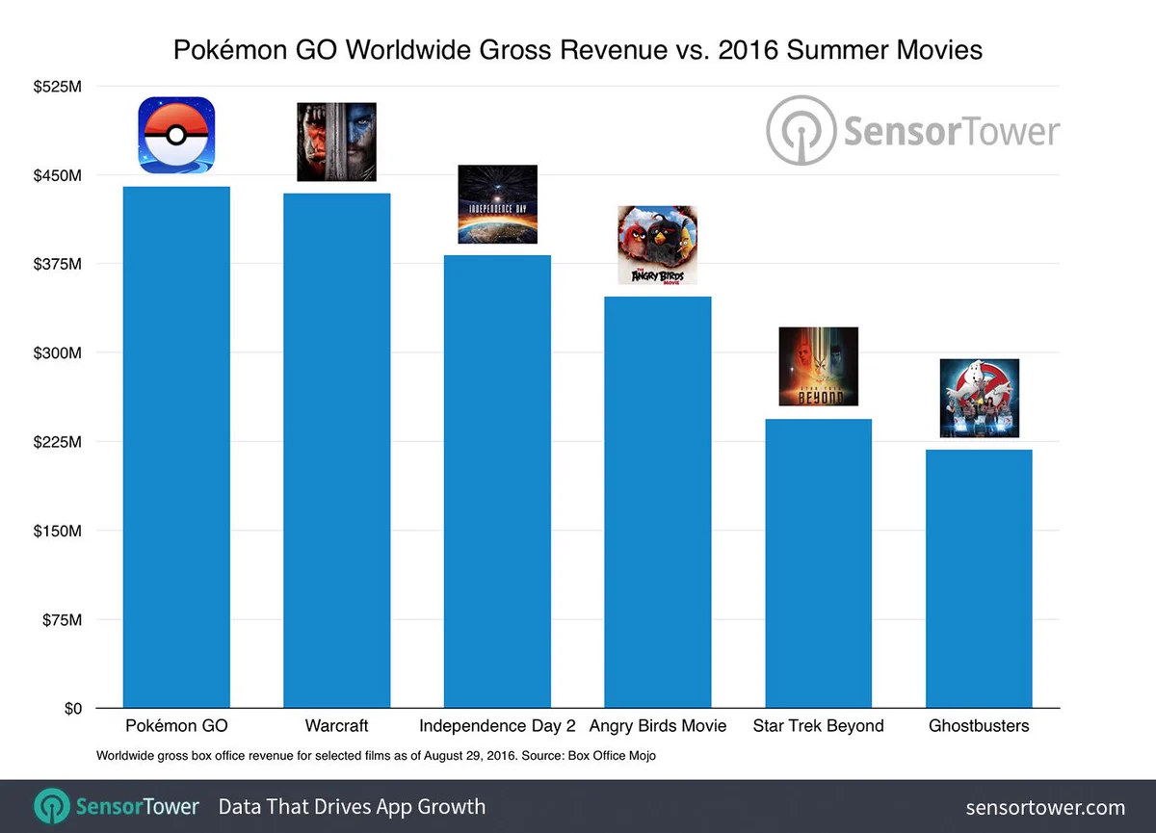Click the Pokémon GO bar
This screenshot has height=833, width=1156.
(176, 448)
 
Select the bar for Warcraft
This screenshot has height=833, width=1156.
(336, 451)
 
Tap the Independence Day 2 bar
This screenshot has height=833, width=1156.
(497, 482)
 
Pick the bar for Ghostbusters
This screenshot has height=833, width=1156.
(979, 579)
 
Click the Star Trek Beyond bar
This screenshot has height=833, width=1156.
(818, 563)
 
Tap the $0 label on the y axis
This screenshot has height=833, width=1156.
(72, 709)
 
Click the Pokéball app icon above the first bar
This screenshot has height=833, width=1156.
(176, 135)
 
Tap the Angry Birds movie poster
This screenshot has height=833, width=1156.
(657, 246)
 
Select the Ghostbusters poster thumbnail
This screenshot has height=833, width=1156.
(979, 398)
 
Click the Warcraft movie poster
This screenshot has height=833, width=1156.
(336, 142)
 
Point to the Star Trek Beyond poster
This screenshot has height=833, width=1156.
(818, 366)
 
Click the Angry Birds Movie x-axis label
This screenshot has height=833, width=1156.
(657, 726)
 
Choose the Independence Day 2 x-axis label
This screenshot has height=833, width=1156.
(497, 726)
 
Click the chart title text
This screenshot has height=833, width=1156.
(578, 49)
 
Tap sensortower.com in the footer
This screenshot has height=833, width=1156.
(1045, 807)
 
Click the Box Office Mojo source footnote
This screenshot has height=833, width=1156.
(376, 756)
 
